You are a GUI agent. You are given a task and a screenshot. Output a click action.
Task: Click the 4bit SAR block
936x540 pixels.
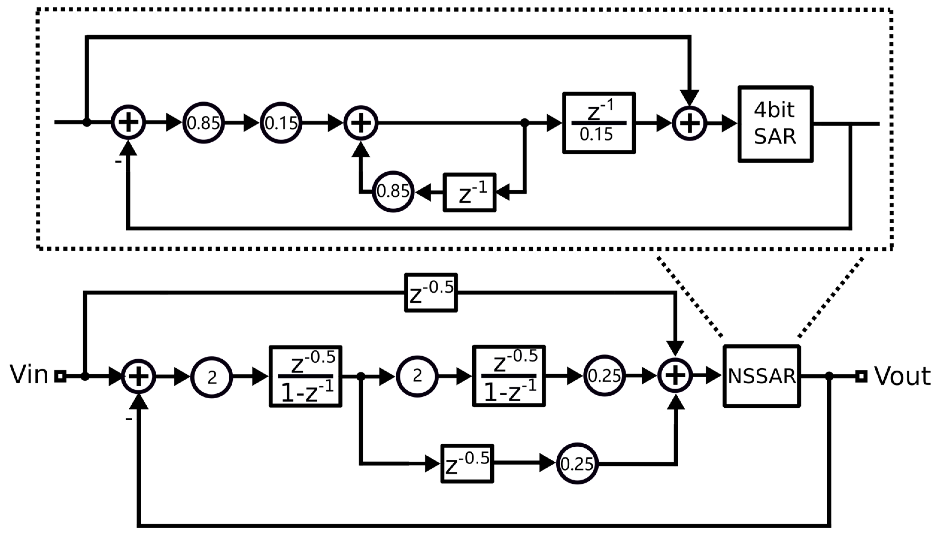pos(775,124)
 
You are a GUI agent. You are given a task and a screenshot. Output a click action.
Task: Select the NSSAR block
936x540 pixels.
pos(761,376)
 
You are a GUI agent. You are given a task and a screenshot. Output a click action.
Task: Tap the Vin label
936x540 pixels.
pos(29,375)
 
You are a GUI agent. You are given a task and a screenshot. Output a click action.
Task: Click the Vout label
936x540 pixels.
pos(902,376)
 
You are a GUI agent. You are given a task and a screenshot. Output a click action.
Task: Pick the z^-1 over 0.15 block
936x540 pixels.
pos(598,123)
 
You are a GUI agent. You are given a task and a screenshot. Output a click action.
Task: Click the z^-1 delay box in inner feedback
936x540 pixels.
pos(470,192)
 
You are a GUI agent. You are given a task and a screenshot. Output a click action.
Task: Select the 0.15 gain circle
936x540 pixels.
pos(281,122)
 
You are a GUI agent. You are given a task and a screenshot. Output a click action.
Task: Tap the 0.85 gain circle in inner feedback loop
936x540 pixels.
pos(393,192)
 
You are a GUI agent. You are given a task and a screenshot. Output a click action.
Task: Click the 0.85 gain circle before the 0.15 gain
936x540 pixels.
pos(203,122)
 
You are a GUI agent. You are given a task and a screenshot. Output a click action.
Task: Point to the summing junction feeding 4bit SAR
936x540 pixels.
pos(689,123)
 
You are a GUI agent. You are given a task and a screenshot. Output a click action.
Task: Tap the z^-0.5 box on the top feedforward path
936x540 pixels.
pos(431,293)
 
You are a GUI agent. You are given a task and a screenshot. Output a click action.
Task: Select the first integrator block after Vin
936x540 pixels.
pos(305,376)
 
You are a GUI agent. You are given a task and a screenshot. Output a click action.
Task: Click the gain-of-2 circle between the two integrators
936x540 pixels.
pos(417,376)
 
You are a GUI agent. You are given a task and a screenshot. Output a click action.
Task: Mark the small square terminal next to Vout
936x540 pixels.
pos(861,376)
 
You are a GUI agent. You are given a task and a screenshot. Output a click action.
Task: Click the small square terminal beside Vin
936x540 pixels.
pos(60,376)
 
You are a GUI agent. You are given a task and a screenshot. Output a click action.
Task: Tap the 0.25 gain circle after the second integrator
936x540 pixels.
pos(604,376)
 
